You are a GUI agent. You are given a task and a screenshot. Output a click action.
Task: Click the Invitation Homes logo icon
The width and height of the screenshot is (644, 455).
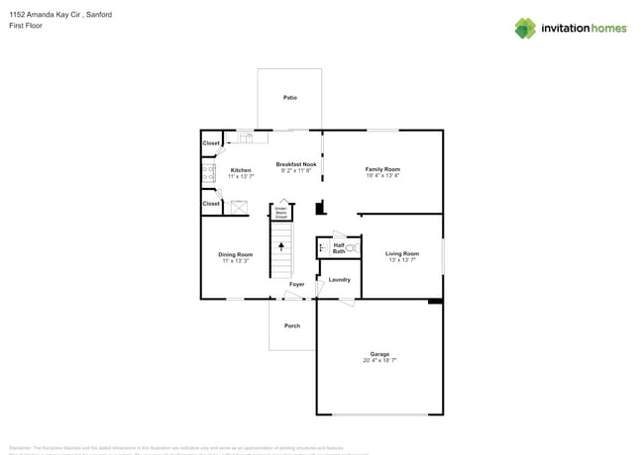click(525, 28)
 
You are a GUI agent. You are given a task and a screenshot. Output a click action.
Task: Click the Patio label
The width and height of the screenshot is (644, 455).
click(290, 98)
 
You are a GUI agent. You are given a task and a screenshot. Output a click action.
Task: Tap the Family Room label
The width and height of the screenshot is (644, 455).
click(382, 169)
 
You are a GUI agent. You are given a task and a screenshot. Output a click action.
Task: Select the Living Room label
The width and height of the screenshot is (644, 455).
click(402, 254)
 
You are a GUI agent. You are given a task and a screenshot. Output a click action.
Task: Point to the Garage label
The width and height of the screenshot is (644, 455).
click(379, 354)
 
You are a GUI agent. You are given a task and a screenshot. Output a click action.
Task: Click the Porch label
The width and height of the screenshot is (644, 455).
click(292, 325)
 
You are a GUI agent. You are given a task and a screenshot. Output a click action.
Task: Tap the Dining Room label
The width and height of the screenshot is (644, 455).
click(236, 254)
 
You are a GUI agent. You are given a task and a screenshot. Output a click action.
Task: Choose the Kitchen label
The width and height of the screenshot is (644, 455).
click(241, 170)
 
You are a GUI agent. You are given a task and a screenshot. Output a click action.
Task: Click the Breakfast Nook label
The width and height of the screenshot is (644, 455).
click(296, 163)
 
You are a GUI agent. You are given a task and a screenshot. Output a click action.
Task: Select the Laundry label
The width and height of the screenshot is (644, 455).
click(339, 280)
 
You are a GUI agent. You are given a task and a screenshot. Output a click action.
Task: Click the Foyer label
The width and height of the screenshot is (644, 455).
click(296, 285)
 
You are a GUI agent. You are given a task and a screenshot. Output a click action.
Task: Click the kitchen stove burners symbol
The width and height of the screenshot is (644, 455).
click(209, 175)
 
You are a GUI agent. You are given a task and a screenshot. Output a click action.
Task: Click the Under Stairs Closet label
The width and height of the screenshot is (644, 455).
click(280, 212)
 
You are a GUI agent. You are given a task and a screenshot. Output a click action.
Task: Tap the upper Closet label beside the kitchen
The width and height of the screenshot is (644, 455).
click(211, 143)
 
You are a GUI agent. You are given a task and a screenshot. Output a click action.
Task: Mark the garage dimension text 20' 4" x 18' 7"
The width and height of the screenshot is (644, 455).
click(379, 361)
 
